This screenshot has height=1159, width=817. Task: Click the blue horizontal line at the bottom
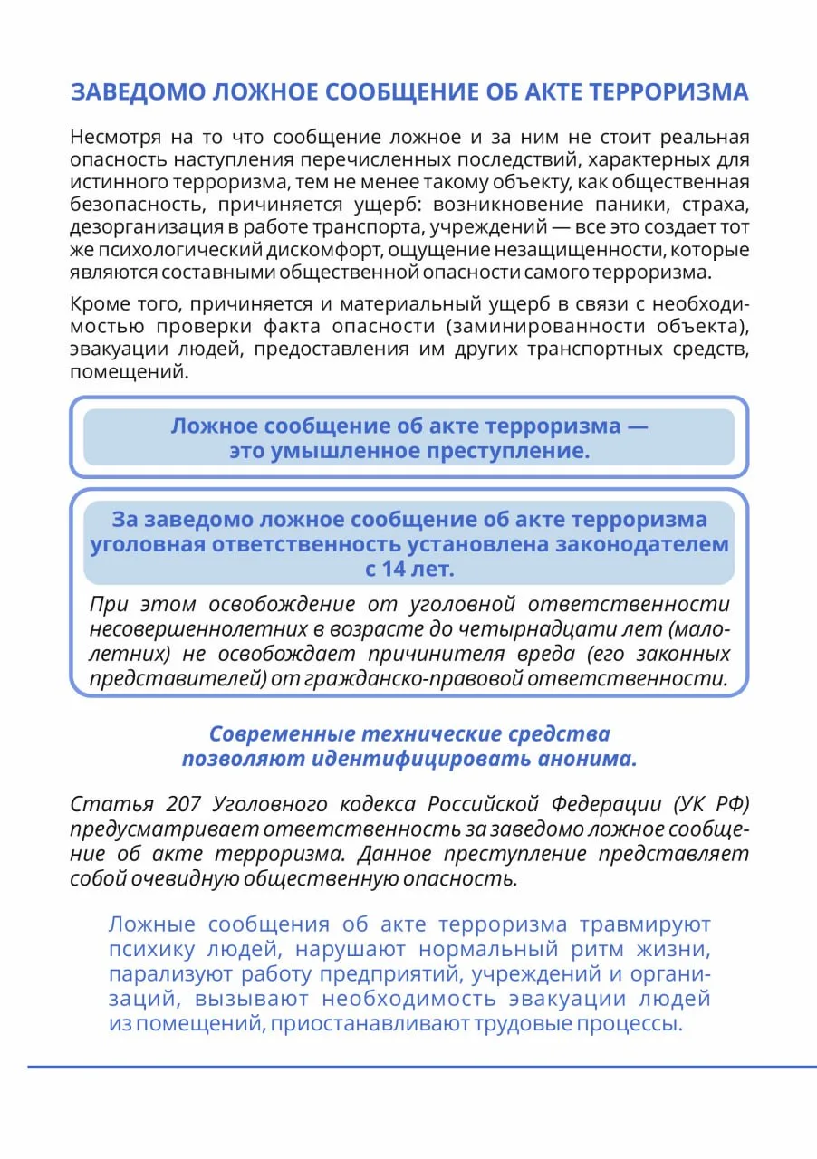[x=408, y=1068]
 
